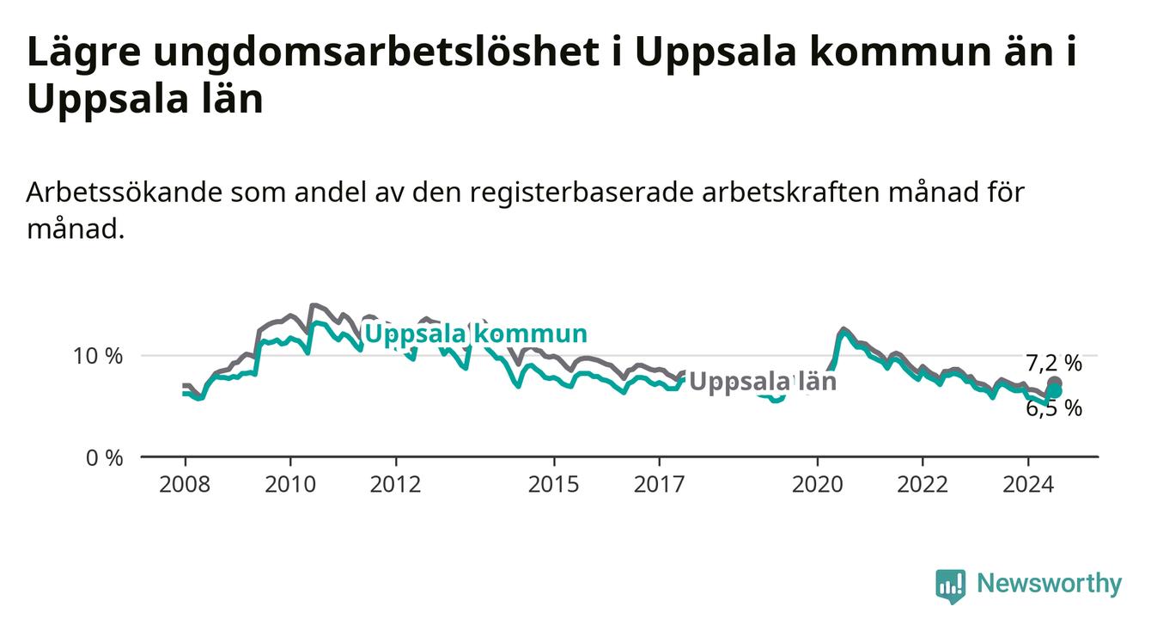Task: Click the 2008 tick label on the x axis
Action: [185, 485]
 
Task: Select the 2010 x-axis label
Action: [290, 485]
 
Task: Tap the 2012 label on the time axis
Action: [396, 485]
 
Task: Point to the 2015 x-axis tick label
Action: [554, 485]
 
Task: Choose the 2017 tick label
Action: [660, 485]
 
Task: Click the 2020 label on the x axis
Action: [818, 485]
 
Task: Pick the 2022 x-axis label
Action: [923, 485]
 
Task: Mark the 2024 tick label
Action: [1028, 485]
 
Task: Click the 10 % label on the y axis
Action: [98, 356]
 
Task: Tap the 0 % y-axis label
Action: [105, 457]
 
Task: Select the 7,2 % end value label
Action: [1054, 363]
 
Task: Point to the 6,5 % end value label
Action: [1054, 408]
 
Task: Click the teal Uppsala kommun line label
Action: [475, 334]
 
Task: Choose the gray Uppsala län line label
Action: [763, 382]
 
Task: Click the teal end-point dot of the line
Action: [1055, 391]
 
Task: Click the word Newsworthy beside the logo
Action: [1050, 584]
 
